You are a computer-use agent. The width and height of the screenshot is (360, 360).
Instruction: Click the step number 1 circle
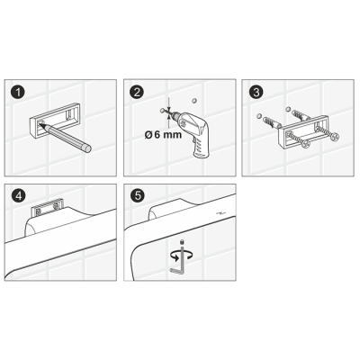coord(18,92)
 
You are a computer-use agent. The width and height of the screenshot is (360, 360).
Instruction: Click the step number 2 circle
coord(137,92)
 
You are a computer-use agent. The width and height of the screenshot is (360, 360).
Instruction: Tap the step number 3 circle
coord(256,92)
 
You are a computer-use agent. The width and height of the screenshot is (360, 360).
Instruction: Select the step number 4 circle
coord(18,196)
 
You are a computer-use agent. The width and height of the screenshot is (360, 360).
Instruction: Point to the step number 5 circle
coord(137,196)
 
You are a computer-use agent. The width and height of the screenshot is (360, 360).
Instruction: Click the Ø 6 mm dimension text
coord(163,135)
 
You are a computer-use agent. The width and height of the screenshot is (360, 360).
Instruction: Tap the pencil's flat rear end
coord(87,148)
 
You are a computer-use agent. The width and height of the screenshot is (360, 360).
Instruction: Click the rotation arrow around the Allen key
coord(182,256)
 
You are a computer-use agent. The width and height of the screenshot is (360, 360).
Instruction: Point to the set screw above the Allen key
coord(181,242)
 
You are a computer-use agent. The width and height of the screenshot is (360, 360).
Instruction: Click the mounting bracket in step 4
coord(48,208)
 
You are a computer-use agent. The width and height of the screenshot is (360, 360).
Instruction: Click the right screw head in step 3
coord(334,138)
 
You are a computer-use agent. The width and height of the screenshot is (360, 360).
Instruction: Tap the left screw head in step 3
coord(305,145)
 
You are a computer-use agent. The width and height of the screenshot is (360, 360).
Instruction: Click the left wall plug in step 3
coord(271,122)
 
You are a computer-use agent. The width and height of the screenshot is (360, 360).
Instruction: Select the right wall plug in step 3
coord(299,115)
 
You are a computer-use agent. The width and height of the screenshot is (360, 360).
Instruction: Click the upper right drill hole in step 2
coord(194,101)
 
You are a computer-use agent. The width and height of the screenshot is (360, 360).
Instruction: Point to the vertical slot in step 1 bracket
coord(70,115)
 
